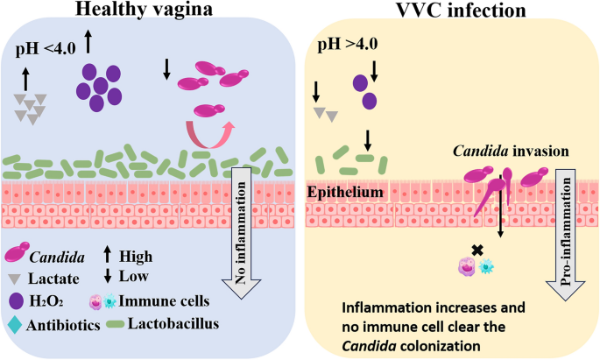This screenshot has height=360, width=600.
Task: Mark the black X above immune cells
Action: click(x=477, y=250)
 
